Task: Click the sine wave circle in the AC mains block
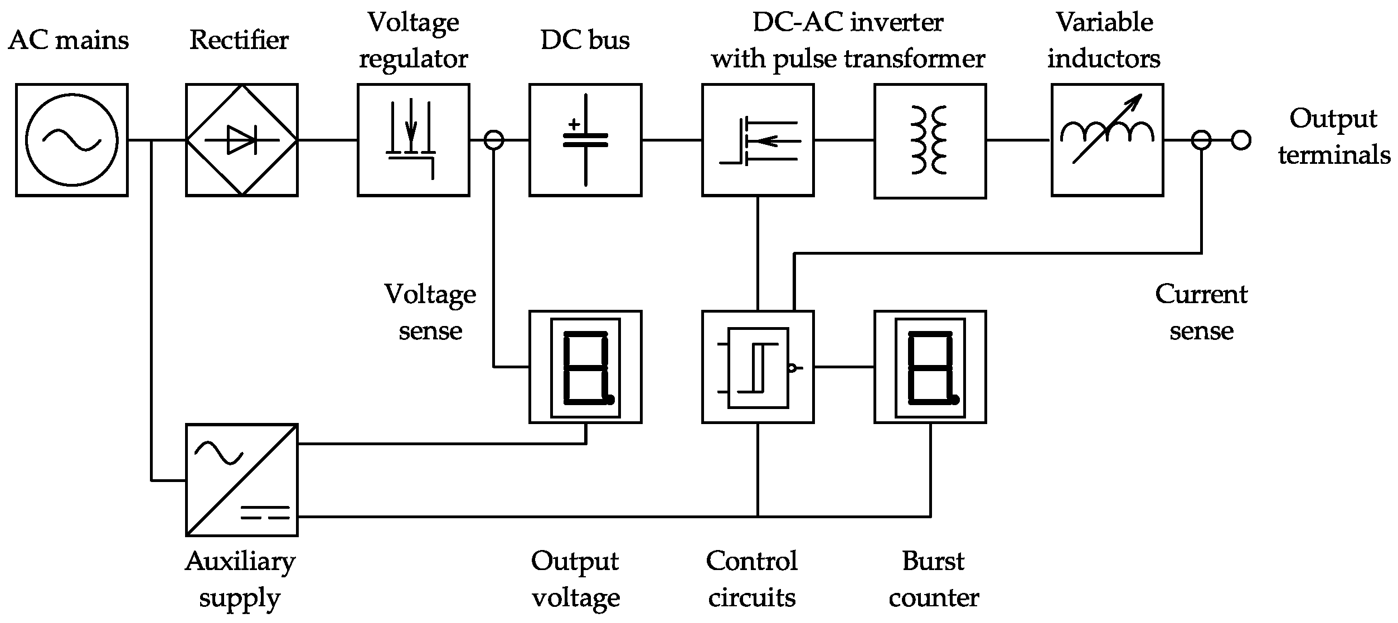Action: click(72, 140)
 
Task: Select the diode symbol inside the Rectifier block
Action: click(242, 140)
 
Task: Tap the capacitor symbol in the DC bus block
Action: click(585, 140)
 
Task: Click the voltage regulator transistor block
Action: click(413, 140)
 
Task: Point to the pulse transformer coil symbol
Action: click(930, 140)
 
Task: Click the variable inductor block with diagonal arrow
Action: click(1107, 140)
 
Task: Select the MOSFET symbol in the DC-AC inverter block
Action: click(758, 140)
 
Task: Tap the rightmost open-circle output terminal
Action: click(1241, 140)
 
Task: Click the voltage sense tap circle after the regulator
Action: click(494, 140)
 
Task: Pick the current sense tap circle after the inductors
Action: click(1201, 140)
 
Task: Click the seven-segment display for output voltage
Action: click(585, 367)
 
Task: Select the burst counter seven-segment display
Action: click(930, 367)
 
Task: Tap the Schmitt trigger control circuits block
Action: click(758, 367)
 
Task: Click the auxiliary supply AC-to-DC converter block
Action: click(242, 480)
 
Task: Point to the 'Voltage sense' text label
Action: click(430, 312)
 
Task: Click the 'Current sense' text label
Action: click(1201, 312)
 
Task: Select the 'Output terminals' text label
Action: click(1334, 137)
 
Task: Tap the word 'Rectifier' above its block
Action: click(239, 40)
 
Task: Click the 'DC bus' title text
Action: click(585, 40)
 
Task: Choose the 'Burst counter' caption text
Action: click(933, 580)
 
